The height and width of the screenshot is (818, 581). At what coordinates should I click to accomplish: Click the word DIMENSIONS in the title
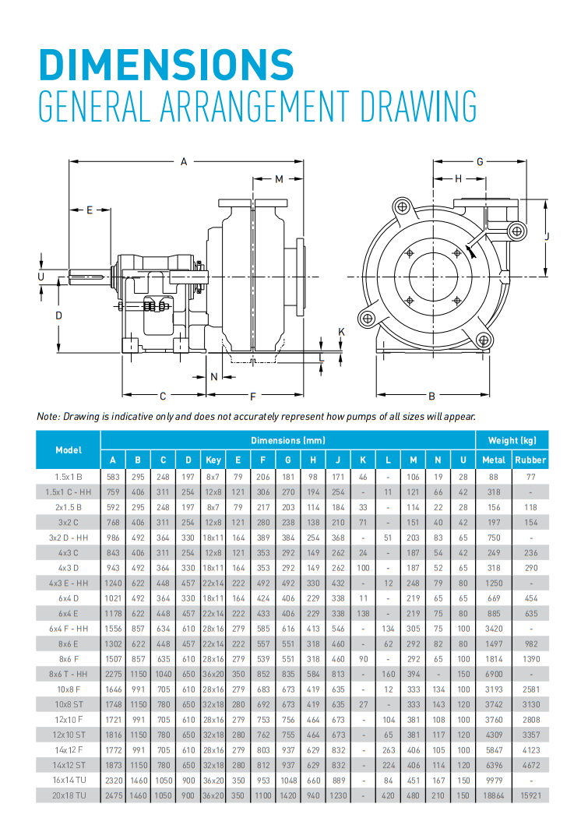click(x=167, y=64)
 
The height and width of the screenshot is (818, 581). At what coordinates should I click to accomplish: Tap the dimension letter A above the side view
click(x=184, y=162)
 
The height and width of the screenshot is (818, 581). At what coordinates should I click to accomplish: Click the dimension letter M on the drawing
click(x=280, y=180)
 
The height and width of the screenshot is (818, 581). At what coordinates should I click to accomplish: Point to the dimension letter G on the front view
click(x=481, y=162)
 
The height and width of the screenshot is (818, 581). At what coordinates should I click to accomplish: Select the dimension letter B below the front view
click(x=431, y=396)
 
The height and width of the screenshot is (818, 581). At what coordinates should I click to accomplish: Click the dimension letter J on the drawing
click(x=548, y=234)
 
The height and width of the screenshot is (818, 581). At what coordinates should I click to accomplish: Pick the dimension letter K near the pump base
click(x=341, y=332)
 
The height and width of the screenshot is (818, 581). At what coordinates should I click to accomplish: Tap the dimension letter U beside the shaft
click(x=41, y=277)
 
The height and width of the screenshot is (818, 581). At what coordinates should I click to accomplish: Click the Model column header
click(x=69, y=450)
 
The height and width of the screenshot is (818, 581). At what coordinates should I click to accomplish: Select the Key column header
click(x=213, y=460)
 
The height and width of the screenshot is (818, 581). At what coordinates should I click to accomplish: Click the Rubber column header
click(x=530, y=460)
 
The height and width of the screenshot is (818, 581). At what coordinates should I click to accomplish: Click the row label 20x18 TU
click(x=69, y=795)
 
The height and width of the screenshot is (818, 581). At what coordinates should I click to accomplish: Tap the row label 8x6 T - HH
click(x=69, y=673)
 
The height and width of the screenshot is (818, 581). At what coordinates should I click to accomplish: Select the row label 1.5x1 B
click(x=69, y=475)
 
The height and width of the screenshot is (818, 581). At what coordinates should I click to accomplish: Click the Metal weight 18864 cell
click(x=494, y=795)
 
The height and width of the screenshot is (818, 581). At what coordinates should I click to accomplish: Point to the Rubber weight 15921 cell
click(x=530, y=795)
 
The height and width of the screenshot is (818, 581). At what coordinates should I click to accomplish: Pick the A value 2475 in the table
click(x=113, y=795)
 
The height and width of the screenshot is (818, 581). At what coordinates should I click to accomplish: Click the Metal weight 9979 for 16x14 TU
click(x=494, y=780)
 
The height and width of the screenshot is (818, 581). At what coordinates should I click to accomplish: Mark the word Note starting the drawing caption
click(x=48, y=416)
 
